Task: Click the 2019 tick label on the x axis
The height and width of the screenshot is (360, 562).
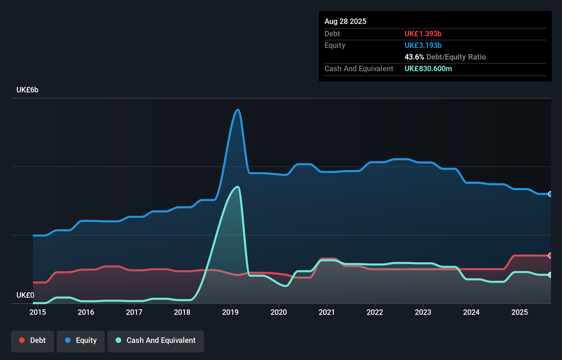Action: (230, 312)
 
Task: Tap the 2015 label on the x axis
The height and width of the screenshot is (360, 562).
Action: (38, 312)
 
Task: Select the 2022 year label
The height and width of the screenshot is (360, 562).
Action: (375, 312)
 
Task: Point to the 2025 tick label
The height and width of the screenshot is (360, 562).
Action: (520, 312)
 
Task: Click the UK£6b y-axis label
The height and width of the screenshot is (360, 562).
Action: (27, 90)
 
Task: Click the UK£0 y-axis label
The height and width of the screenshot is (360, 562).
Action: (25, 295)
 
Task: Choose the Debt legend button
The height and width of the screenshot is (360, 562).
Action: (33, 340)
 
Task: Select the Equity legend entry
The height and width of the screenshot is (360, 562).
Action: (81, 340)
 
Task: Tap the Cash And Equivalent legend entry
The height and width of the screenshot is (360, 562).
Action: (156, 340)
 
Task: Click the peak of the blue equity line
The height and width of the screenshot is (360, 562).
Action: (238, 110)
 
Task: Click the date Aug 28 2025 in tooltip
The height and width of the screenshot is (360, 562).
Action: (345, 22)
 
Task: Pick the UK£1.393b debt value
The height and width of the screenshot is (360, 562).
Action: (423, 34)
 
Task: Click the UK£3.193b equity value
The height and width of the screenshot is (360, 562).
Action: (423, 46)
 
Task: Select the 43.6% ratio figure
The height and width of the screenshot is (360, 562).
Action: (414, 57)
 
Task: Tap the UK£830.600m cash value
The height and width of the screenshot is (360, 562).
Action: (428, 69)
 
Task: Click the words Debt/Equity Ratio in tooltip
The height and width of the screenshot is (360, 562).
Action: (456, 57)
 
